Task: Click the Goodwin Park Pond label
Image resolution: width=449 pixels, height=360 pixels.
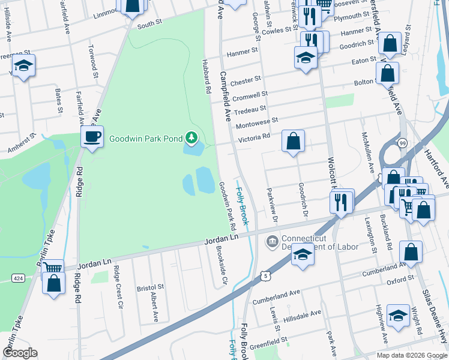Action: click(x=145, y=139)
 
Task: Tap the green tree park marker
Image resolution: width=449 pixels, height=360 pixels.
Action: click(x=191, y=139)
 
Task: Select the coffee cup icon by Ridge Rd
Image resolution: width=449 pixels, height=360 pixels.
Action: click(x=92, y=137)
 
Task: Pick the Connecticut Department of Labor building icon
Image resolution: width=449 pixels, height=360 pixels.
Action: click(x=271, y=241)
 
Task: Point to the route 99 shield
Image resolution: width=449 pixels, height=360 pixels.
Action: click(x=402, y=142)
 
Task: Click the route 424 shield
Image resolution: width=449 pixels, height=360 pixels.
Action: click(x=17, y=278)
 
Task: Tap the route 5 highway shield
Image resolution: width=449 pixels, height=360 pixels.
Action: click(x=265, y=275)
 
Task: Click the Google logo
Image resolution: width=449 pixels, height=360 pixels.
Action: click(x=20, y=353)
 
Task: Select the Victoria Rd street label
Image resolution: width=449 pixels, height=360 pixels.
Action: click(x=255, y=137)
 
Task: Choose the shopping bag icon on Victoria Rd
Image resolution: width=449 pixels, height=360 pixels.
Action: click(x=293, y=142)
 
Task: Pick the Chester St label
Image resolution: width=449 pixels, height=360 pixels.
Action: click(x=246, y=79)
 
